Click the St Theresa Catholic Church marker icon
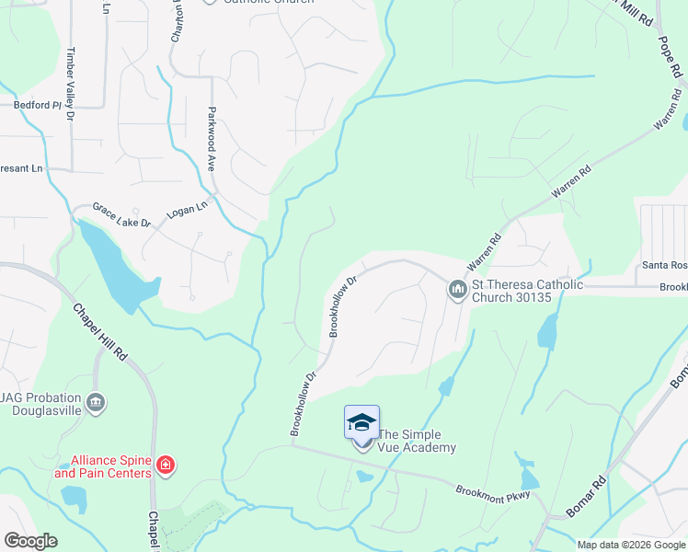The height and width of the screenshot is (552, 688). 457,291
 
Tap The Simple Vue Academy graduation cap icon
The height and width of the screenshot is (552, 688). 361,423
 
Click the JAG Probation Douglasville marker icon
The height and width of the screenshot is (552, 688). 96,403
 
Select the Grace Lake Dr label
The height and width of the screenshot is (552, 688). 120,217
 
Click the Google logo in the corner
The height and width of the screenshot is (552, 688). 30,541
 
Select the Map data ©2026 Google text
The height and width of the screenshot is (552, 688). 631,545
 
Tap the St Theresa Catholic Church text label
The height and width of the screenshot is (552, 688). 527,291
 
